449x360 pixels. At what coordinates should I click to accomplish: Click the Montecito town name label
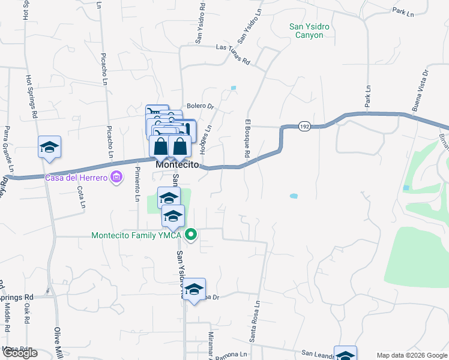[177, 164]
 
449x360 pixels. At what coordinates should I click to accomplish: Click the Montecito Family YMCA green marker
[191, 235]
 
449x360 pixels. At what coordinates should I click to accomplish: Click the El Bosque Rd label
[247, 139]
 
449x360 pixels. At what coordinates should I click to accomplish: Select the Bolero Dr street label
[200, 106]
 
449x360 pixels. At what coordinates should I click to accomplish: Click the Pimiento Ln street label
[137, 184]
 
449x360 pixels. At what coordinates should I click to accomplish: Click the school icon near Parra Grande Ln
[49, 147]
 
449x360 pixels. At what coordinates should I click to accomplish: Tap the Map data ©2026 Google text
[411, 355]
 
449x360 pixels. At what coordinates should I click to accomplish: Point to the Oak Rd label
[27, 313]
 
